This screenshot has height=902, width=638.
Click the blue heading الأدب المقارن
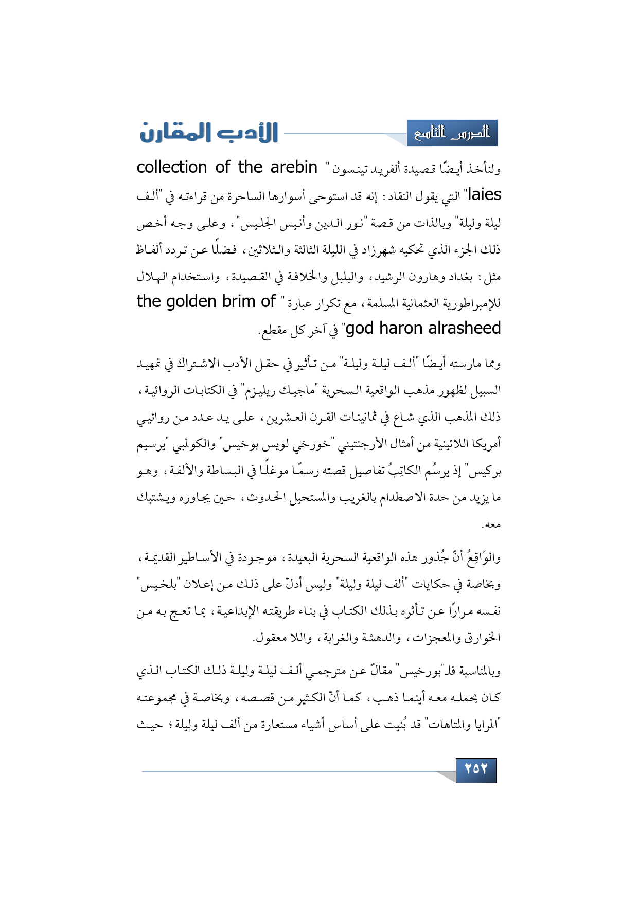[x=209, y=133]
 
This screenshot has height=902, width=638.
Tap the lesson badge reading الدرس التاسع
[x=452, y=133]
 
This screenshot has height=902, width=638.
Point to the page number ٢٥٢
[x=476, y=769]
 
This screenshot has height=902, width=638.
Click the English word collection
[x=172, y=167]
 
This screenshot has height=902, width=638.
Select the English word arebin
[x=294, y=167]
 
